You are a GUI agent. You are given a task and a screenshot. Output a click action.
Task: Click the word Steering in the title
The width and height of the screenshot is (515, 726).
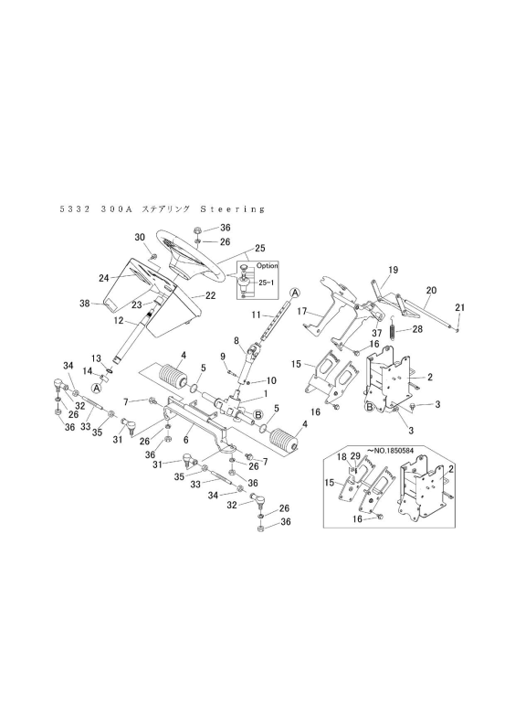click(233, 208)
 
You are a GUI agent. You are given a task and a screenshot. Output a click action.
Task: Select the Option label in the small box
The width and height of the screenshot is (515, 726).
click(268, 266)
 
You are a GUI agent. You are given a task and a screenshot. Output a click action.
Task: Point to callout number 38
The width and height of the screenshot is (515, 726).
click(84, 304)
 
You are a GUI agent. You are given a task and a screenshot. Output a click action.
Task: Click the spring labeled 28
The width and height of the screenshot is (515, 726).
click(393, 330)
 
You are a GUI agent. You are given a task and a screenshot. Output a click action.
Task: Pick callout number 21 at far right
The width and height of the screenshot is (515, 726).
click(460, 307)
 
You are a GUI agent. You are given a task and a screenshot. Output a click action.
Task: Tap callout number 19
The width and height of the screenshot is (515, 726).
click(393, 270)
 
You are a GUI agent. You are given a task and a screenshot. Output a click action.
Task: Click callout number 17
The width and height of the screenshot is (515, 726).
click(302, 312)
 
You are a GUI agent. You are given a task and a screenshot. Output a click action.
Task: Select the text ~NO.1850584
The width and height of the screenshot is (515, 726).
click(389, 450)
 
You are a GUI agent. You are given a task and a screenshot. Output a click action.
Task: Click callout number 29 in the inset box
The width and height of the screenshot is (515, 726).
click(355, 457)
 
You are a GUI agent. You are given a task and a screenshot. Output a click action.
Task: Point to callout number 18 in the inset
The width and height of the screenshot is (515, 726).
click(342, 457)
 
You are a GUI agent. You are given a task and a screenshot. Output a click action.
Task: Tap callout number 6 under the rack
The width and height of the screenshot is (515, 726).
click(185, 438)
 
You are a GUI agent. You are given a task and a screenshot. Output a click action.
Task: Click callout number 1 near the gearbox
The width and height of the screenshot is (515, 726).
click(266, 392)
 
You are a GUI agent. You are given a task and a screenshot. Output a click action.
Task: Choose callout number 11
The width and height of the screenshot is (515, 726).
click(256, 315)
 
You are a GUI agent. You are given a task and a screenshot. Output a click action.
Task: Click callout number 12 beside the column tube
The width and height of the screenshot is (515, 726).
click(119, 320)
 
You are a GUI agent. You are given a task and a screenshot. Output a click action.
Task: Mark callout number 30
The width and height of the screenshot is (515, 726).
click(140, 237)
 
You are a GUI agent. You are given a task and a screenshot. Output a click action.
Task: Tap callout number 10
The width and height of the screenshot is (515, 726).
click(271, 380)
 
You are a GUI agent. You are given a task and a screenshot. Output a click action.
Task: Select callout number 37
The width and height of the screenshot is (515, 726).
click(377, 333)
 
